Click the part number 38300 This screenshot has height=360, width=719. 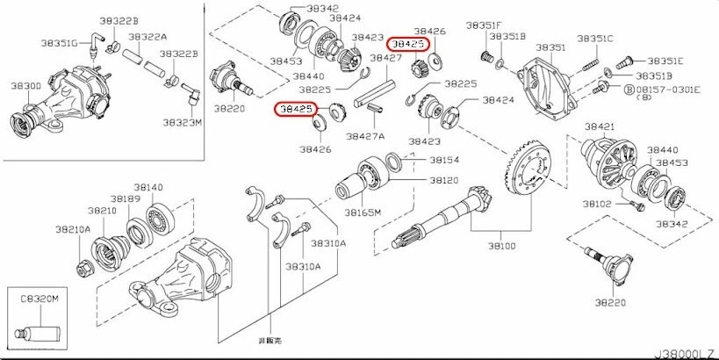pos(24,86)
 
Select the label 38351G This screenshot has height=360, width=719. pos(59,41)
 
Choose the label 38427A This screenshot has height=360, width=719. pos(366,136)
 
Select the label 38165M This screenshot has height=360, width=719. pos(362,213)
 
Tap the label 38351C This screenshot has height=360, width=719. pos(595,39)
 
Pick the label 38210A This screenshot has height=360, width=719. pos(73,229)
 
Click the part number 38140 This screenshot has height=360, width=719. pos(148,188)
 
